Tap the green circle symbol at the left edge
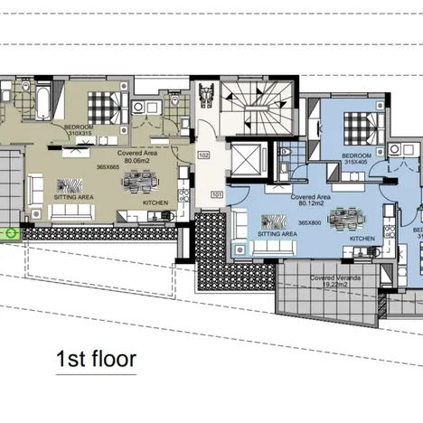[x=12, y=232]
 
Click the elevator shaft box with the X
[x=245, y=158]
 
